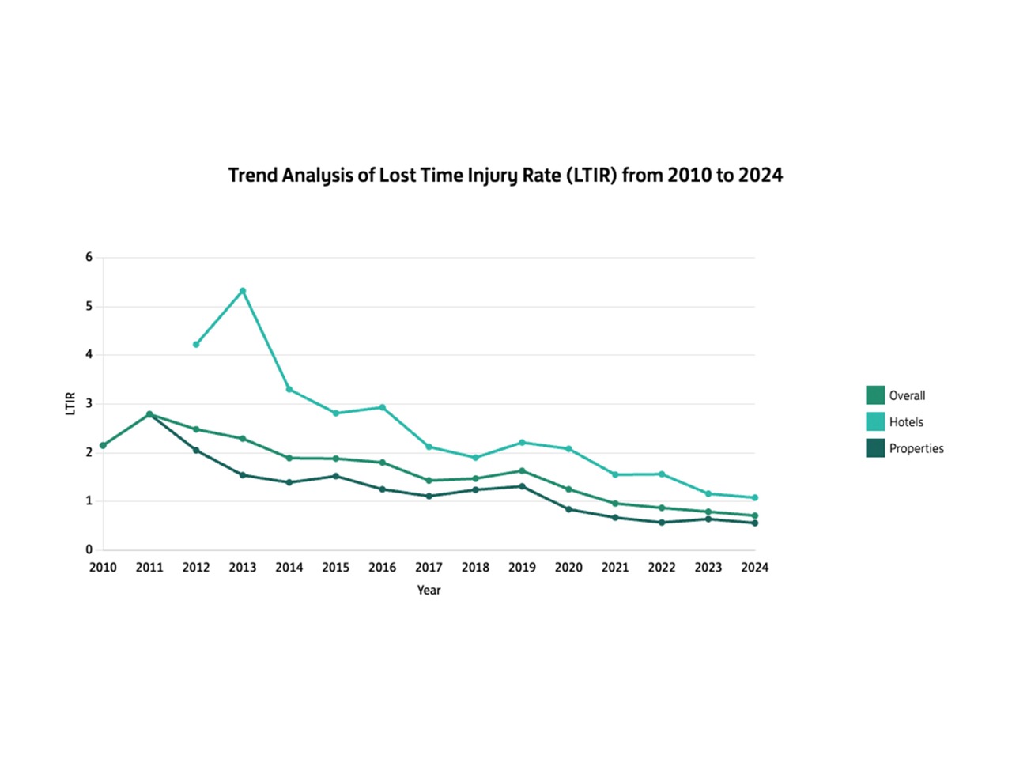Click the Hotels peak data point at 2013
tap(243, 291)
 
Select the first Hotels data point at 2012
tap(196, 345)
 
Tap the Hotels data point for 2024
tap(755, 498)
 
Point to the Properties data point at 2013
tap(243, 475)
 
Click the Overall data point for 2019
tap(522, 471)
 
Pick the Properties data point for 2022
tap(662, 523)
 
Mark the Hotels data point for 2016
tap(383, 408)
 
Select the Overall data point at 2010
tap(103, 446)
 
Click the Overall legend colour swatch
tap(875, 395)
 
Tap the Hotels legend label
tap(906, 422)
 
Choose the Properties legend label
tap(916, 448)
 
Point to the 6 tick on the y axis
tap(89, 257)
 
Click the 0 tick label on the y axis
tap(89, 549)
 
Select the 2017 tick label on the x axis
tap(429, 568)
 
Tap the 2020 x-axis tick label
tap(568, 568)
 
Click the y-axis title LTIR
tap(70, 403)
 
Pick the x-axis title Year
tap(429, 591)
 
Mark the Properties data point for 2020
tap(568, 509)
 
